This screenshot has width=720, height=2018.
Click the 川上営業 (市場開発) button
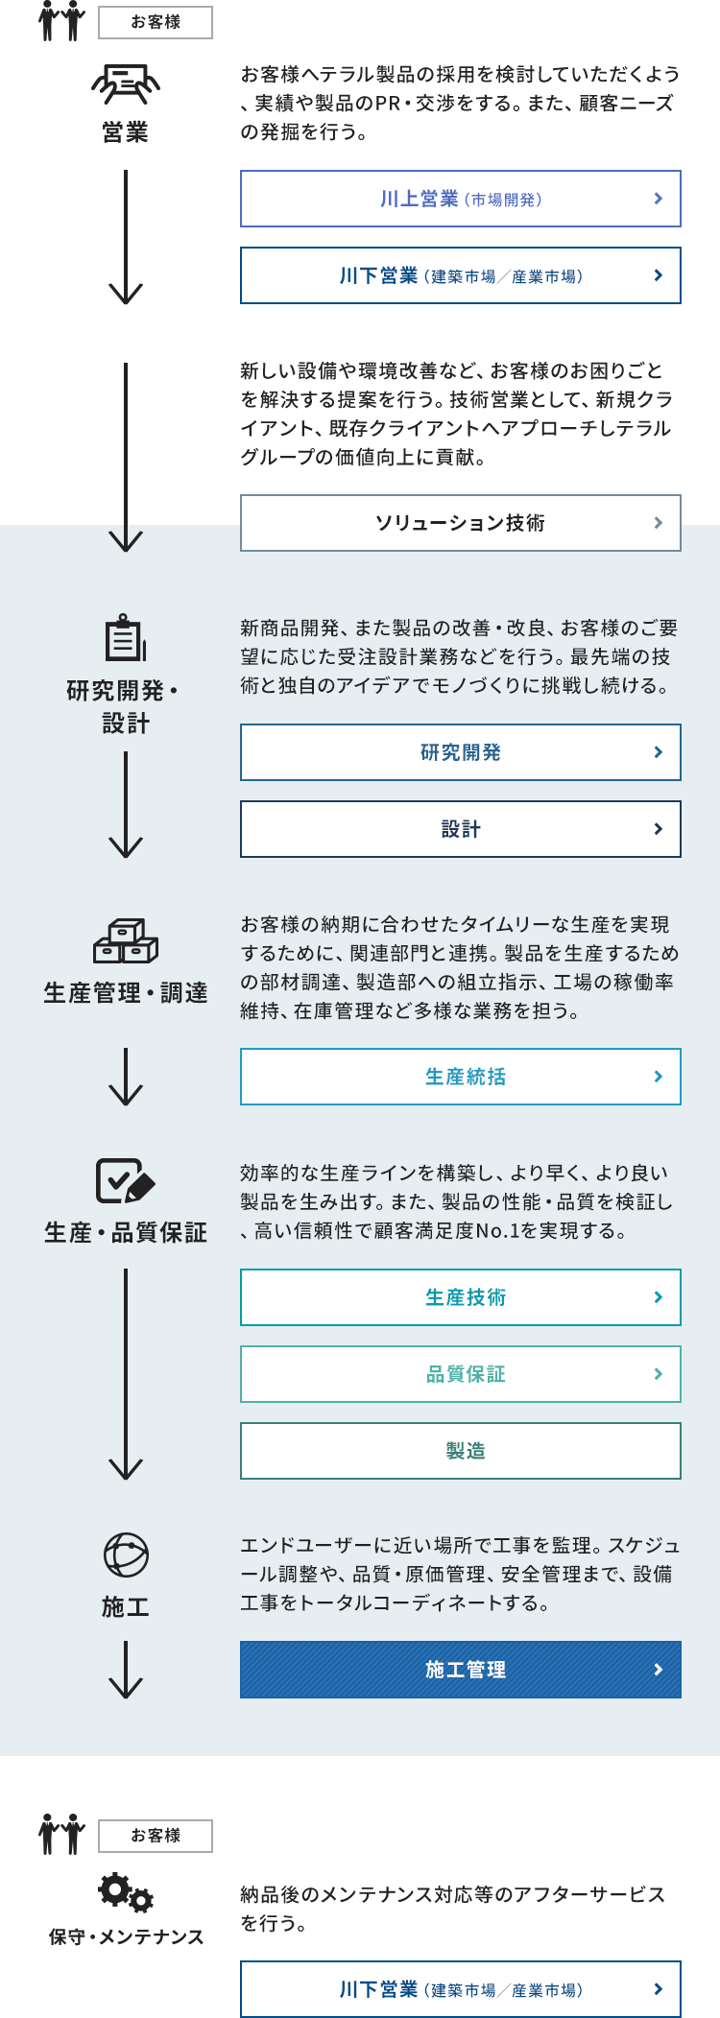(461, 199)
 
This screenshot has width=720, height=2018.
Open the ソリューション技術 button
(461, 523)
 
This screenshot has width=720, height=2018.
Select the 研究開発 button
(461, 752)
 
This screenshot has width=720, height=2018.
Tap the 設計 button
(461, 829)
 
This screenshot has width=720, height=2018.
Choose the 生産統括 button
(461, 1077)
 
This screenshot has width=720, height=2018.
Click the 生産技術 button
(461, 1297)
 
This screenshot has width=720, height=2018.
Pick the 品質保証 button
(461, 1374)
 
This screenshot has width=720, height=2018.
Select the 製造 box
(461, 1451)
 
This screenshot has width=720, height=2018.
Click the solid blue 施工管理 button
(461, 1670)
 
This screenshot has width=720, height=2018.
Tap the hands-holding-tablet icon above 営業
(126, 84)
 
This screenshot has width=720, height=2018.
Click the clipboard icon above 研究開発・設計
(126, 638)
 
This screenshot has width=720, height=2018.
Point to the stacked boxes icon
(126, 941)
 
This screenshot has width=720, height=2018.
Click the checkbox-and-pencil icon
(126, 1180)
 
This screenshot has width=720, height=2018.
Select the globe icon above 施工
(126, 1555)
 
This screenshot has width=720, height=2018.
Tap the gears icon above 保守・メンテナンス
(126, 1891)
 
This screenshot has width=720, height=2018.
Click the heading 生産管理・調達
(126, 993)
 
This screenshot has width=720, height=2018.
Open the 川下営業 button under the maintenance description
(461, 1989)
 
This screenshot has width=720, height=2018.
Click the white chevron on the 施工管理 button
(658, 1670)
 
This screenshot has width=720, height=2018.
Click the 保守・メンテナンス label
(126, 1936)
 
